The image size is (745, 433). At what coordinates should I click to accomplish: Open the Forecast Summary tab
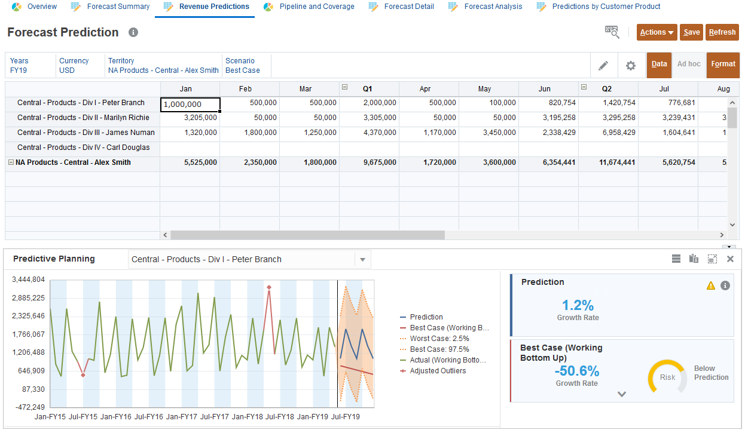point(118,7)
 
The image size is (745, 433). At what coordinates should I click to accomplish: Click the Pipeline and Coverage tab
point(317,7)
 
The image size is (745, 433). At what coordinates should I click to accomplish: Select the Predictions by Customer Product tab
point(606,7)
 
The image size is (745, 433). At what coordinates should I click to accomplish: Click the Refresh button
point(722,32)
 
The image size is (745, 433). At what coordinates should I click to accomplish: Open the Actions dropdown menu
point(657,32)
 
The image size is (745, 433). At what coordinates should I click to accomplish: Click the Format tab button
point(723,65)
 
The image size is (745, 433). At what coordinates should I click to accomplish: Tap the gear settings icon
point(630,65)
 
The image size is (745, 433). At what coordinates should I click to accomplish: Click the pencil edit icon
point(603,65)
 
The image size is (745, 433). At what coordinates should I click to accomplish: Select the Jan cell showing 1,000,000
point(190,104)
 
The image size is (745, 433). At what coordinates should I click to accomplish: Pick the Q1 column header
point(368,88)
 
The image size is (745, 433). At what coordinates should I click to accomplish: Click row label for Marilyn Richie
point(83,118)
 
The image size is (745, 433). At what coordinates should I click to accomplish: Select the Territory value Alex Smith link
point(163,70)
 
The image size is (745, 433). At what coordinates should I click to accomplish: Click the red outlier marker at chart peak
point(269,287)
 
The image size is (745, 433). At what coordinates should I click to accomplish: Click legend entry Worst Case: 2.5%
point(439,339)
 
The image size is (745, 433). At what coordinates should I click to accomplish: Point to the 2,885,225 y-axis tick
point(29,297)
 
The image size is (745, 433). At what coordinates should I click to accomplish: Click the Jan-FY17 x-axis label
point(181,416)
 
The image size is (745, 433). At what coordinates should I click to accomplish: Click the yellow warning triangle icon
point(710,285)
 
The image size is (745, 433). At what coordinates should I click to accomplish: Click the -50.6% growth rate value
point(576,371)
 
